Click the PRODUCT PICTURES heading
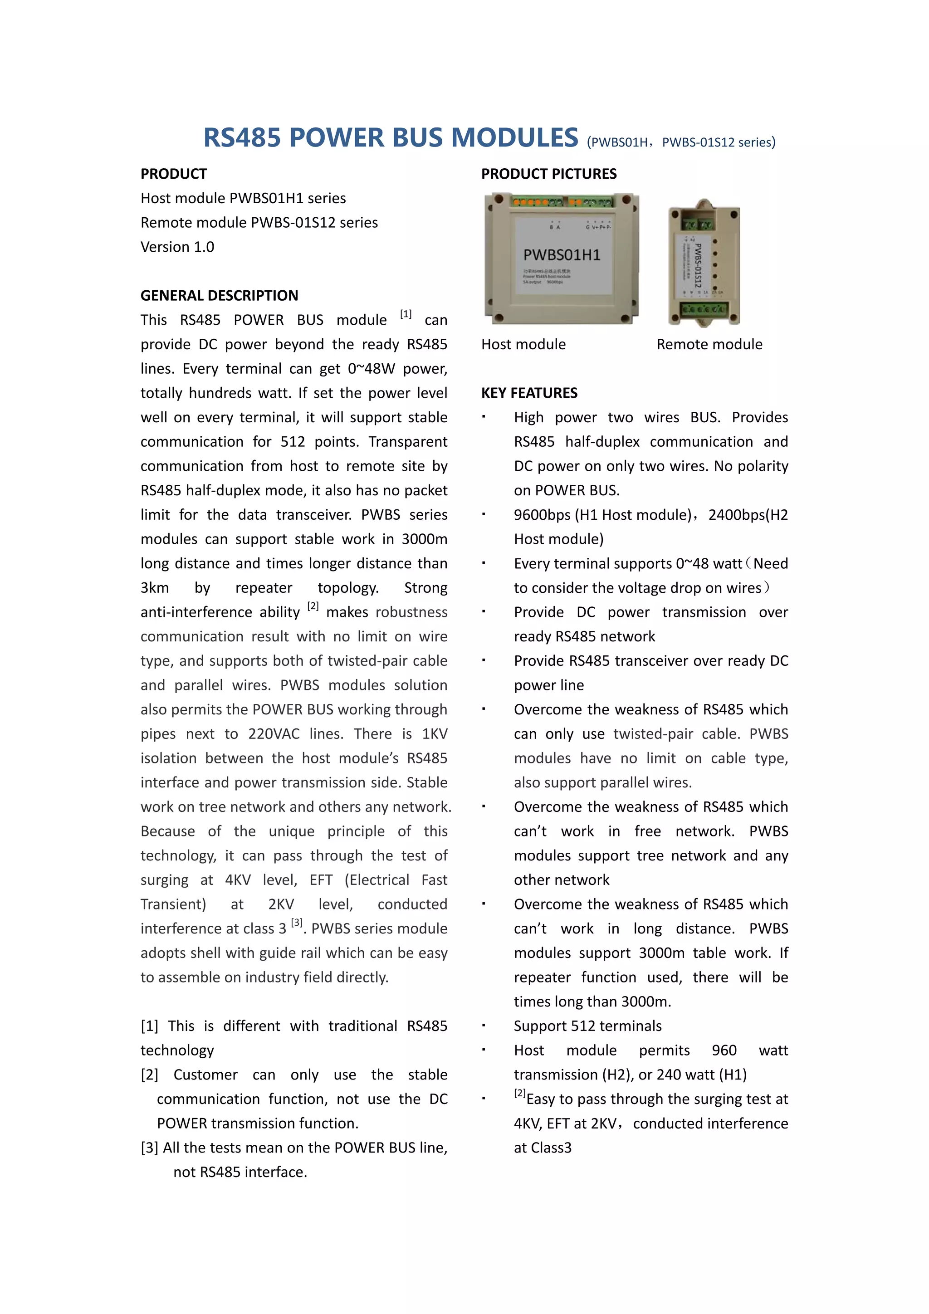click(x=548, y=174)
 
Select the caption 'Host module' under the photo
click(x=523, y=345)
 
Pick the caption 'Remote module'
click(x=709, y=345)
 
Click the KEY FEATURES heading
click(x=529, y=393)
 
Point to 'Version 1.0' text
click(x=177, y=247)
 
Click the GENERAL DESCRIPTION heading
click(x=219, y=296)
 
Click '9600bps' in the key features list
click(x=542, y=515)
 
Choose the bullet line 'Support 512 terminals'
click(x=587, y=1026)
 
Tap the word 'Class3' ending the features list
click(x=551, y=1148)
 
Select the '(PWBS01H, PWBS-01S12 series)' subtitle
click(x=680, y=142)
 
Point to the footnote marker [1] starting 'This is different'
click(x=149, y=1026)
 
